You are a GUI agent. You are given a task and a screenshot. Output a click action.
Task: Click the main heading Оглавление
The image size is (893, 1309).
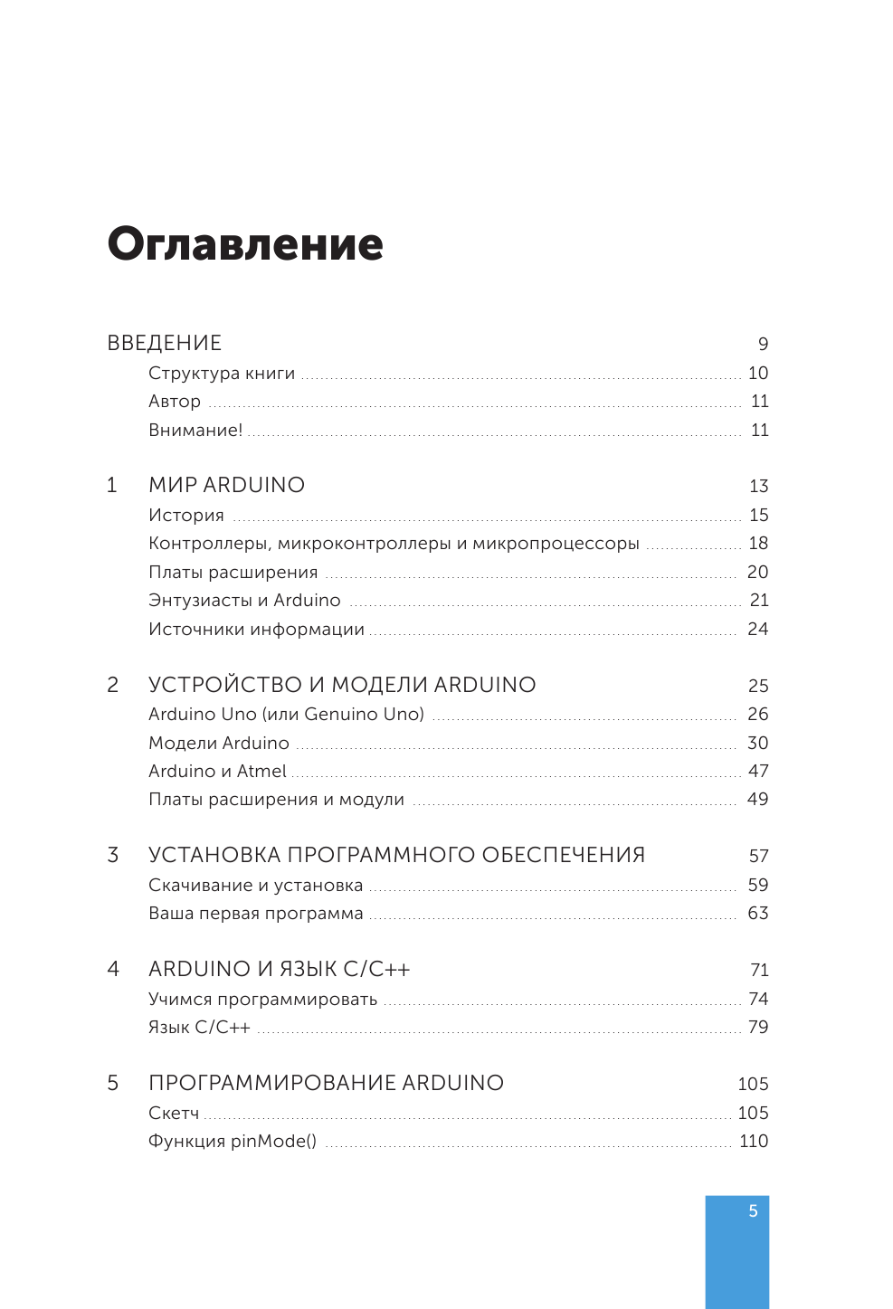pyautogui.click(x=245, y=244)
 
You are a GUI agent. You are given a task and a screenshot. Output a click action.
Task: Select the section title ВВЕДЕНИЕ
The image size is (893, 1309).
pyautogui.click(x=164, y=344)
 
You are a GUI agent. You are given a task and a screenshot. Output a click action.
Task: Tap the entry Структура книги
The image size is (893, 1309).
pyautogui.click(x=222, y=374)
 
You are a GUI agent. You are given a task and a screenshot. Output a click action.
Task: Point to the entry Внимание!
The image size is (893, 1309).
pyautogui.click(x=195, y=431)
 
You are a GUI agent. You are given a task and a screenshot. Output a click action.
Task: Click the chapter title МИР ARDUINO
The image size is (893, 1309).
pyautogui.click(x=226, y=486)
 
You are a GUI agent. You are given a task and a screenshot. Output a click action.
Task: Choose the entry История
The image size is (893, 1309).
pyautogui.click(x=186, y=516)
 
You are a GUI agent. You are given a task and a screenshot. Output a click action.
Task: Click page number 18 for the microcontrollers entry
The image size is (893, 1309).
pyautogui.click(x=758, y=544)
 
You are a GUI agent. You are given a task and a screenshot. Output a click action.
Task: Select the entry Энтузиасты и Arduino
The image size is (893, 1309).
pyautogui.click(x=244, y=601)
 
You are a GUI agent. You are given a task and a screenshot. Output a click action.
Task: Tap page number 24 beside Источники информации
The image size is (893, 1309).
pyautogui.click(x=757, y=630)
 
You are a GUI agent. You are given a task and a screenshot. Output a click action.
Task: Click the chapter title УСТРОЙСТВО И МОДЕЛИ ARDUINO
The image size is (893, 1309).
pyautogui.click(x=342, y=686)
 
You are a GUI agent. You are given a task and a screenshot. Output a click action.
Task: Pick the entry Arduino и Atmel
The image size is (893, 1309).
pyautogui.click(x=217, y=772)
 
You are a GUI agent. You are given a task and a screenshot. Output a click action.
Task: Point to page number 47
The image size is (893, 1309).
pyautogui.click(x=758, y=772)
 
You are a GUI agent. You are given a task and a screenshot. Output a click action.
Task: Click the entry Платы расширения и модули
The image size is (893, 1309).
pyautogui.click(x=276, y=800)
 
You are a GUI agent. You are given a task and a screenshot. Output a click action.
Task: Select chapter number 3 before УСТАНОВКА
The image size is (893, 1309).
pyautogui.click(x=113, y=856)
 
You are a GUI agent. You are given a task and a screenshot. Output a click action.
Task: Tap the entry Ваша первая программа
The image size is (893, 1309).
pyautogui.click(x=255, y=914)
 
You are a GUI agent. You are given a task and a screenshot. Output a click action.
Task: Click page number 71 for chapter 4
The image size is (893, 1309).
pyautogui.click(x=759, y=971)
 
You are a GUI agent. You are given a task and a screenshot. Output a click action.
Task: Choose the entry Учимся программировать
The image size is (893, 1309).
pyautogui.click(x=262, y=1000)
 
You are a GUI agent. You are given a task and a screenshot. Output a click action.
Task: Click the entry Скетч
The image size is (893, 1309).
pyautogui.click(x=174, y=1114)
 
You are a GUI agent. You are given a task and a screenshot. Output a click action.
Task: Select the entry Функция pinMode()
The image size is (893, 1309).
pyautogui.click(x=233, y=1142)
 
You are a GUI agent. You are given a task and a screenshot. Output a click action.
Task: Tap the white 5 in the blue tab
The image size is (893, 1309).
pyautogui.click(x=753, y=1211)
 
